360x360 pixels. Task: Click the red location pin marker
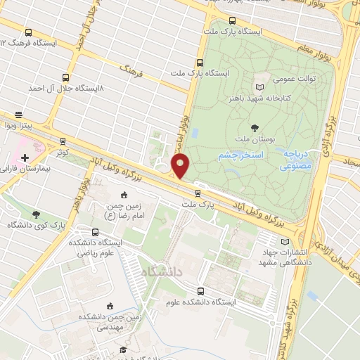point(181,167)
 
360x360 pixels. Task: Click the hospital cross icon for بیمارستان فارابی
point(26,157)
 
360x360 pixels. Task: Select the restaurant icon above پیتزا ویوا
point(18,115)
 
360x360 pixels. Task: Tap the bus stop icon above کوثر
point(64,141)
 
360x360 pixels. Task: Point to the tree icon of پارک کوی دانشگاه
point(37,214)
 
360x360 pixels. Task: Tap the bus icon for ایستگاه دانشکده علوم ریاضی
point(94,232)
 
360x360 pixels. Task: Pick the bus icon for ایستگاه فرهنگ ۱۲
point(28,32)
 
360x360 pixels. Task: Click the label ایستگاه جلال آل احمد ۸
point(66,89)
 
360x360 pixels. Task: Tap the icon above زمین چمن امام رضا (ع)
point(125,195)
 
